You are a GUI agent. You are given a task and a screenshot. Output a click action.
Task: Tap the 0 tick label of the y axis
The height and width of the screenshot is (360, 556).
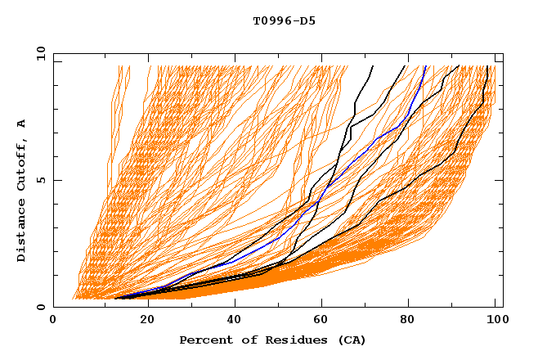click(40, 307)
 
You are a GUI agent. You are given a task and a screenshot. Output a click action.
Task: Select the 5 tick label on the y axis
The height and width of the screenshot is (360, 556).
click(40, 180)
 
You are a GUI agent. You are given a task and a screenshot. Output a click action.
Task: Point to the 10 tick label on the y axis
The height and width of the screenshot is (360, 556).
click(38, 53)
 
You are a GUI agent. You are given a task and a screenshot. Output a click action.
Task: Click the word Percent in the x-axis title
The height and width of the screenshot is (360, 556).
click(202, 340)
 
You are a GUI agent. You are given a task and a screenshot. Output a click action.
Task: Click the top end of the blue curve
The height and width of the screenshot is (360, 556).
click(425, 66)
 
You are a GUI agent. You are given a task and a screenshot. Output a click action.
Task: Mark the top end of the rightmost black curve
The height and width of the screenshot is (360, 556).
click(488, 66)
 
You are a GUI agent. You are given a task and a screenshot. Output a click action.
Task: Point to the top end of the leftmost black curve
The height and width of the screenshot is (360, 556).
click(373, 66)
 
